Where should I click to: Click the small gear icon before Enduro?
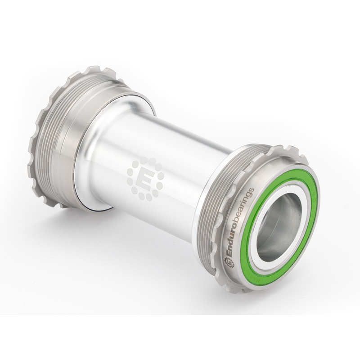tap(228, 262)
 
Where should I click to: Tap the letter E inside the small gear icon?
tap(228, 262)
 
